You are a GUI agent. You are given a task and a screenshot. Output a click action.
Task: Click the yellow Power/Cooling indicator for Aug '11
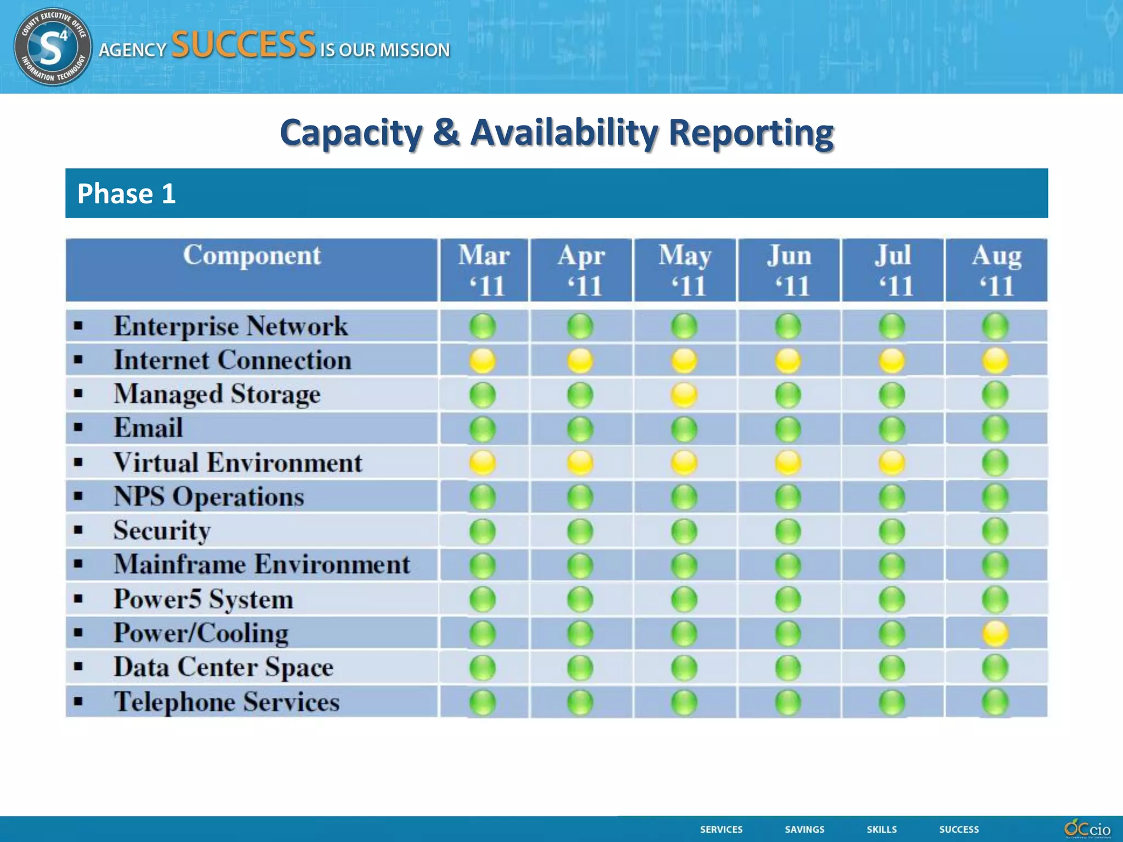click(x=995, y=634)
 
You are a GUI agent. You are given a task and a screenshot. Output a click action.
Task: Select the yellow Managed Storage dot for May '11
click(x=684, y=395)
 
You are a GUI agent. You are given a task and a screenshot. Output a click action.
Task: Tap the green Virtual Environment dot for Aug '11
click(x=995, y=463)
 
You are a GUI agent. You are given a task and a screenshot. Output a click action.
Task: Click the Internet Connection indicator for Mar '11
click(x=483, y=361)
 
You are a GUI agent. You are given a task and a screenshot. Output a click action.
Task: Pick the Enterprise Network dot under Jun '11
click(x=788, y=327)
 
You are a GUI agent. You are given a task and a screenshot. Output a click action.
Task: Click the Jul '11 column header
click(x=893, y=270)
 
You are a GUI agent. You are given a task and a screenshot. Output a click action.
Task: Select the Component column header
click(x=252, y=256)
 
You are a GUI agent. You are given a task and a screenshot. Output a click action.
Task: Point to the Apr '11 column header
click(x=581, y=270)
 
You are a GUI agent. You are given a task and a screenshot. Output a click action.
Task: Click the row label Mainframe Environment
click(x=262, y=565)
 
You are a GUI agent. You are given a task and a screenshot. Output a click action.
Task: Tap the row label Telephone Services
click(x=226, y=702)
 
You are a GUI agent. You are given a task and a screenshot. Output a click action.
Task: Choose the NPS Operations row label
click(x=208, y=497)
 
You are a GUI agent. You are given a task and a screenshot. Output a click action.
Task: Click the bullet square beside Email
click(x=78, y=428)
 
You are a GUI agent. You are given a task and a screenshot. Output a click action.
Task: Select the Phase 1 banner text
click(x=126, y=194)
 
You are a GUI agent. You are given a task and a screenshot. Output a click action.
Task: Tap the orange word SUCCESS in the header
click(x=243, y=45)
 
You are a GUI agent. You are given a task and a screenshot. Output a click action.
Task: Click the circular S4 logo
click(x=53, y=47)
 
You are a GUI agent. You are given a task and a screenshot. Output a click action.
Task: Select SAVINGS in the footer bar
click(x=804, y=829)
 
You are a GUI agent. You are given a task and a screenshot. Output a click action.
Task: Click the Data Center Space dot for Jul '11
click(x=892, y=668)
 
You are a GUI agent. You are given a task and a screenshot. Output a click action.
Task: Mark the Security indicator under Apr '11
click(x=580, y=531)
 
